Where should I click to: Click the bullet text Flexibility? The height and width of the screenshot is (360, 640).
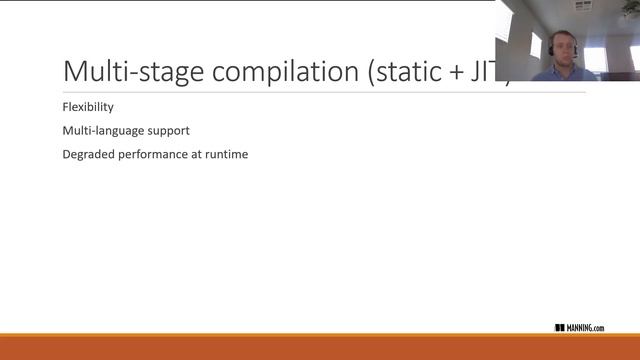point(88,107)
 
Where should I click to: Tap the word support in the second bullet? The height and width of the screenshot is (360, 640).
point(166,131)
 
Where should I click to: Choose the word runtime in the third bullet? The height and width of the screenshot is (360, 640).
point(225,155)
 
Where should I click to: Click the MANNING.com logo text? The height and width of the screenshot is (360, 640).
point(586,328)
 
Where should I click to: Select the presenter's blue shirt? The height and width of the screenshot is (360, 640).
point(565,73)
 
